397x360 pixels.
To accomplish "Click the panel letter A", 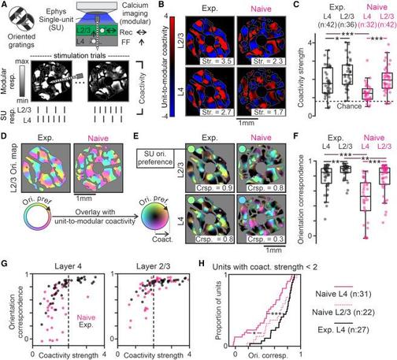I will tap(5, 6).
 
